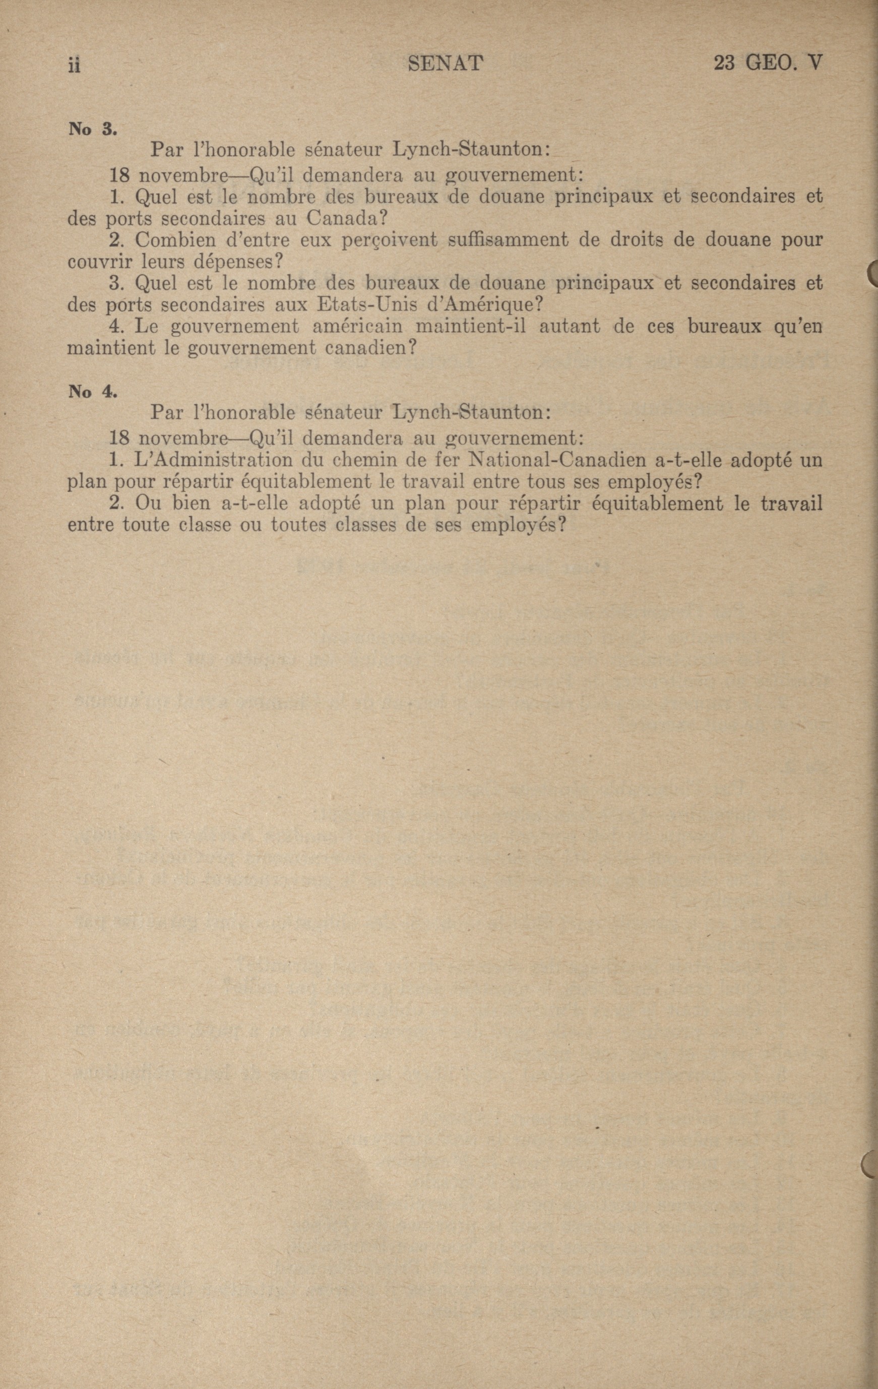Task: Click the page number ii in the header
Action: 74,65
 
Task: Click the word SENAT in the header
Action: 445,64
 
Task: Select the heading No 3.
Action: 92,129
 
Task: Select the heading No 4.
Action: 92,392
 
